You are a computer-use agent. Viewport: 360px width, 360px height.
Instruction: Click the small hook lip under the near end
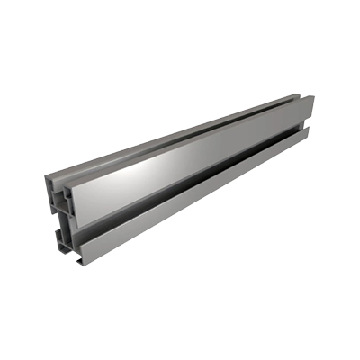coord(82,260)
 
